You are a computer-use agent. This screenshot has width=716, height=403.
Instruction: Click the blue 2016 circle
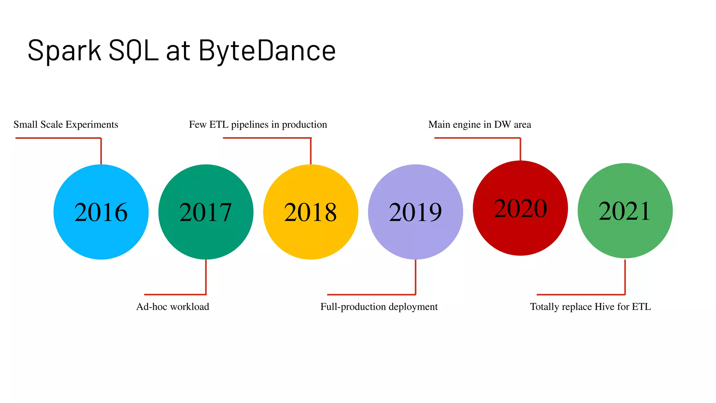101,212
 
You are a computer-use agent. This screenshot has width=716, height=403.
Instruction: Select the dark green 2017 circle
206,212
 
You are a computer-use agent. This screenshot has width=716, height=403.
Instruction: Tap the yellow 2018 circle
310,212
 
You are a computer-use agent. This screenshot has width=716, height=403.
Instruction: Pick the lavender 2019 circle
415,212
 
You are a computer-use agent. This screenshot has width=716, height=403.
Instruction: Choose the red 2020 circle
520,208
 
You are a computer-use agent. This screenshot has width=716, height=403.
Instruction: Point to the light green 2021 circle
625,211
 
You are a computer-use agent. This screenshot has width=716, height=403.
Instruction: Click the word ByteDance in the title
267,51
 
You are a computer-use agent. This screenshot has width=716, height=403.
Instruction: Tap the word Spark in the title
64,51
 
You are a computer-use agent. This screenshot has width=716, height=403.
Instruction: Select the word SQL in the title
133,51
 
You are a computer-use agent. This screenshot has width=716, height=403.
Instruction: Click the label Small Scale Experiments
66,125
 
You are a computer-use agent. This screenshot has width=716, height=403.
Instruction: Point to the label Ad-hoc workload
173,307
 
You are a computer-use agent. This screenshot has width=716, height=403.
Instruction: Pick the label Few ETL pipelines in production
258,125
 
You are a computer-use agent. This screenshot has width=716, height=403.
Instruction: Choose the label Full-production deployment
379,307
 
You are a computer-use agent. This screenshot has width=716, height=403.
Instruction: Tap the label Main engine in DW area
480,125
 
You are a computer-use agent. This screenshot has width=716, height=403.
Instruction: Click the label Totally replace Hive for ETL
590,307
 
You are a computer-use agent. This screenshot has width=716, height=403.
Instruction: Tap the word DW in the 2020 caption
502,125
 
